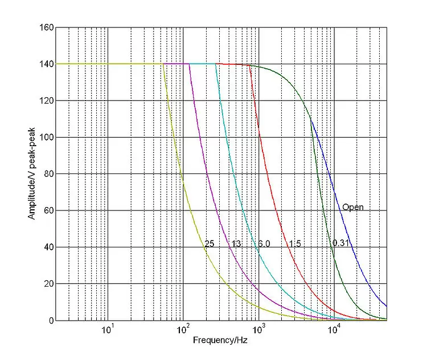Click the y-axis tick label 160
(46, 27)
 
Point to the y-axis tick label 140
(46, 64)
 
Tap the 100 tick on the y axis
(46, 138)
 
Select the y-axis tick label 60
(48, 210)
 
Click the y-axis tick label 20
(48, 284)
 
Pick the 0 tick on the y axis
(50, 320)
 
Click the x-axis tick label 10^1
(107, 331)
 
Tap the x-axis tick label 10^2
(183, 331)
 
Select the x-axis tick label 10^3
(258, 331)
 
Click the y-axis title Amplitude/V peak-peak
(32, 174)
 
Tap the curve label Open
(352, 207)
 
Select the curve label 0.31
(341, 243)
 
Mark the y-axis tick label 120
(46, 101)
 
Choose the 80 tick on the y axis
(48, 174)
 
